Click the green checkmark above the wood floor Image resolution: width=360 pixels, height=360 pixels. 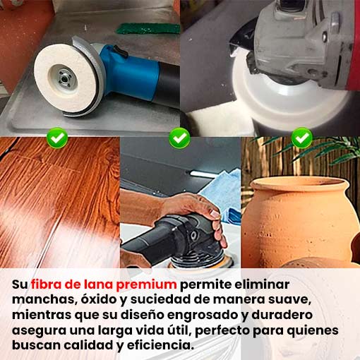pyautogui.click(x=57, y=138)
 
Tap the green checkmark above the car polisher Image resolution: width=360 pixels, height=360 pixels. pyautogui.click(x=179, y=138)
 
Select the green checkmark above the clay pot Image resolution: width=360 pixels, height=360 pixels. pyautogui.click(x=302, y=138)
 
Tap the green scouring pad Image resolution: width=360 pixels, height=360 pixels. pyautogui.click(x=148, y=28)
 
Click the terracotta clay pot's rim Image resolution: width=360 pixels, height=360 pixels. pyautogui.click(x=299, y=185)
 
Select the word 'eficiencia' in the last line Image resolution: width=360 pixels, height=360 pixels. pyautogui.click(x=160, y=345)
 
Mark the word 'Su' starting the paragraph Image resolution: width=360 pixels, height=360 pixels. pyautogui.click(x=20, y=284)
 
